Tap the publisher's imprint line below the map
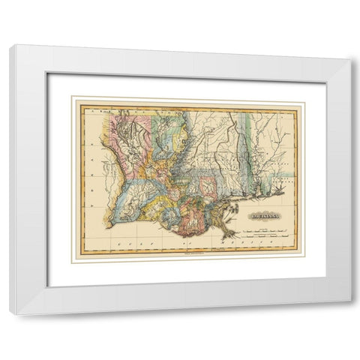187,262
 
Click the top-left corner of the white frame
10,48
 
